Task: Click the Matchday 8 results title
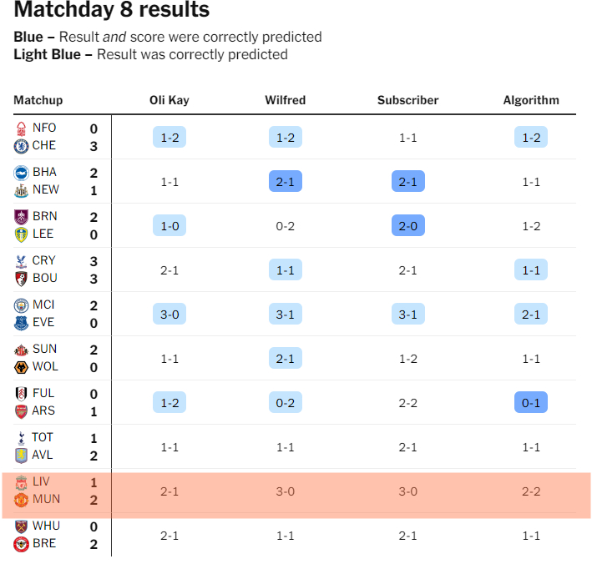(112, 11)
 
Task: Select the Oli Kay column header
(170, 100)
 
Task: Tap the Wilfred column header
(285, 100)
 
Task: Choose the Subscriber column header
(407, 100)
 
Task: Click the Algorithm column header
(531, 100)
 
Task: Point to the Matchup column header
(38, 100)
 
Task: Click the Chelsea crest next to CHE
(22, 146)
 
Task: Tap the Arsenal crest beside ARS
(22, 411)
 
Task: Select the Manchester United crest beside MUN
(22, 500)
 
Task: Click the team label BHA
(44, 172)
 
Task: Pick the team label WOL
(44, 367)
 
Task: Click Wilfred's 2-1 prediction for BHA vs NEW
(285, 181)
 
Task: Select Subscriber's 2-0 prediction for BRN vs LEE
(407, 225)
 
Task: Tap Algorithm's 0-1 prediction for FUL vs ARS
(531, 403)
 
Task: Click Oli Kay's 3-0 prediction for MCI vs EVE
(170, 315)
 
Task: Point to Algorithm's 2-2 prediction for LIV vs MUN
(531, 491)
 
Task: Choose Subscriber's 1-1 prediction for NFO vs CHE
(407, 138)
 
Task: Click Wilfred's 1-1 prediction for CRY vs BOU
(285, 269)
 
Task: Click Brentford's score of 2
(94, 545)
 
